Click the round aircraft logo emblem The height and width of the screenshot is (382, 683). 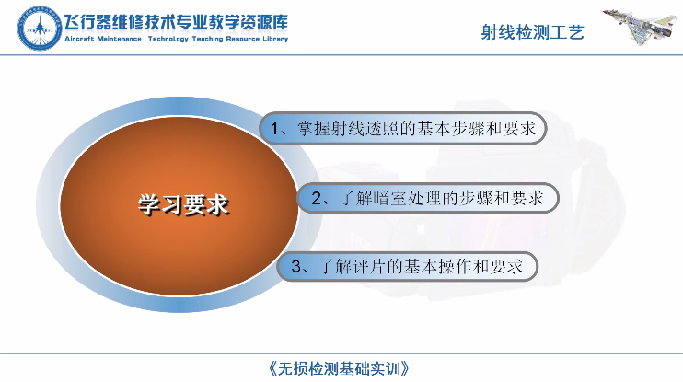[x=40, y=29]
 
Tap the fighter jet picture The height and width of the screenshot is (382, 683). [x=640, y=25]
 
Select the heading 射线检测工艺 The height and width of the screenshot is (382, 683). [x=532, y=32]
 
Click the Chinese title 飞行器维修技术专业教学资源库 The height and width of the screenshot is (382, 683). [x=177, y=22]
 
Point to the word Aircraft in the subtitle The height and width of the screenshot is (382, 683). [x=79, y=39]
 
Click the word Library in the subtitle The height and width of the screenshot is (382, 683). [x=275, y=39]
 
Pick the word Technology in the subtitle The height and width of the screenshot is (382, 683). [x=168, y=39]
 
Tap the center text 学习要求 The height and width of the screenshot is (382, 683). [x=183, y=204]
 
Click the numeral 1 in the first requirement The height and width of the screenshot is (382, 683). [x=275, y=129]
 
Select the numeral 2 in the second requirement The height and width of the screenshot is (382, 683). [x=317, y=199]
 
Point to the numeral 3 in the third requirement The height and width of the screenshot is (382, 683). [x=296, y=267]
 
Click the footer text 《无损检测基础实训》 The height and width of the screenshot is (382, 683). [x=339, y=368]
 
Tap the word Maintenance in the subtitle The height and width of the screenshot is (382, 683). [x=119, y=39]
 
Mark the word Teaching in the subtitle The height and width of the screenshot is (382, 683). [x=207, y=39]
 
